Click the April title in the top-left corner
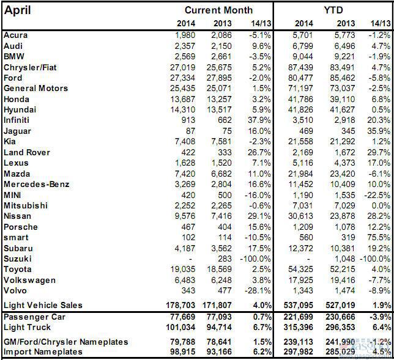(x=18, y=10)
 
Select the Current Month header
(x=218, y=10)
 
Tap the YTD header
(x=333, y=10)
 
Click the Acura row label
(x=16, y=35)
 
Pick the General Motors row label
(x=35, y=89)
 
